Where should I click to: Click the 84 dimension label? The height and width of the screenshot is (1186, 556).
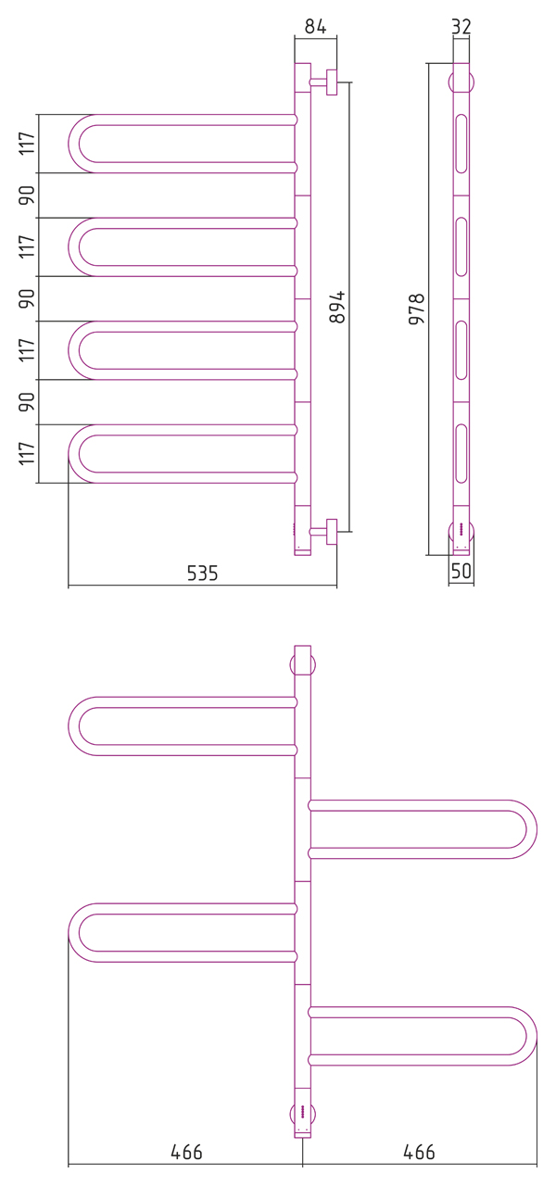pos(316,27)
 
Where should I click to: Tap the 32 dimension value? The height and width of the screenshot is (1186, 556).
pos(461,27)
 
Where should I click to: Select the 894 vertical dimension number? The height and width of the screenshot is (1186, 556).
pos(336,307)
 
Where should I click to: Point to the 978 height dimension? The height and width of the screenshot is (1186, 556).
pos(417,309)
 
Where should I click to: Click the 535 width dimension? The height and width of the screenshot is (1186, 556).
pos(202,573)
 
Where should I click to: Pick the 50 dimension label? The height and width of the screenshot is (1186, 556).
pos(461,571)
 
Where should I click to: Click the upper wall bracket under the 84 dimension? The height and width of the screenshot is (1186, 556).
pos(324,82)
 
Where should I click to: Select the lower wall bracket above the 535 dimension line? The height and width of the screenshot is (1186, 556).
pos(324,532)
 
